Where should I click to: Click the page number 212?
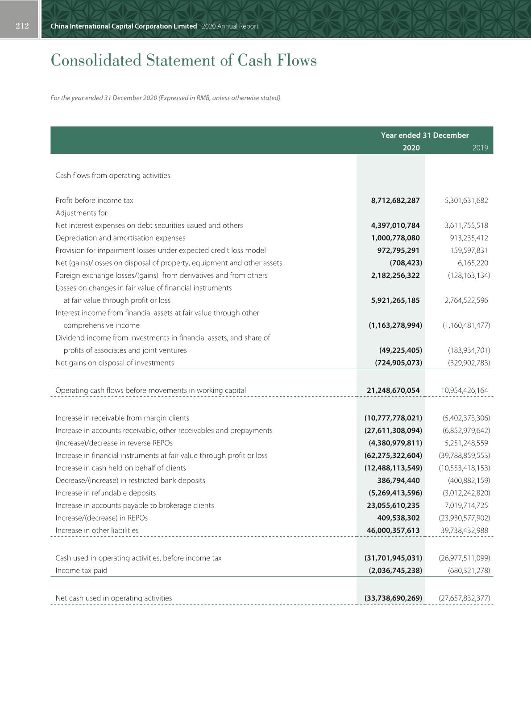click(22, 26)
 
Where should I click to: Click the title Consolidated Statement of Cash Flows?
click(183, 60)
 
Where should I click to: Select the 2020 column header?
click(411, 148)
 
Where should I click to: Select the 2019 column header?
click(480, 148)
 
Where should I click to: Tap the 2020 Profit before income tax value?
click(395, 201)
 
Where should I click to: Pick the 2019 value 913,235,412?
click(469, 238)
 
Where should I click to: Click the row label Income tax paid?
click(81, 571)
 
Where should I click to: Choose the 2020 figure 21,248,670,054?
click(393, 391)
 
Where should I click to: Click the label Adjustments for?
click(82, 213)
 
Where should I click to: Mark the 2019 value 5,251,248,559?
click(466, 443)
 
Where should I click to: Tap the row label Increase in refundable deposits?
click(106, 493)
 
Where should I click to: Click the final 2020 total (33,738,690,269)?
click(393, 598)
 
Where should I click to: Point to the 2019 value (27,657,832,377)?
click(465, 598)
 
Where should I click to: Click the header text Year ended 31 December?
click(425, 135)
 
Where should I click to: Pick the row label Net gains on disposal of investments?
click(115, 363)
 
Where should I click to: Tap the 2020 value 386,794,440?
click(398, 481)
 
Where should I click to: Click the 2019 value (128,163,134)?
click(469, 276)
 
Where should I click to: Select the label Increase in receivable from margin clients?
click(122, 418)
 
